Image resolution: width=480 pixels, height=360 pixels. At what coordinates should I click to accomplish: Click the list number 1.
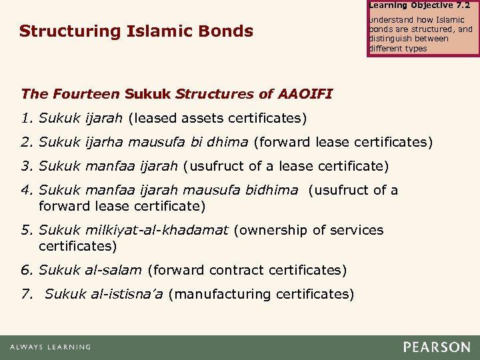pyautogui.click(x=26, y=119)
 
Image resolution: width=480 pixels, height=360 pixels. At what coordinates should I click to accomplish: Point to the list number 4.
pyautogui.click(x=27, y=190)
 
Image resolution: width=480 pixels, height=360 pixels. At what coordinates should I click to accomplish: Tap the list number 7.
pyautogui.click(x=26, y=294)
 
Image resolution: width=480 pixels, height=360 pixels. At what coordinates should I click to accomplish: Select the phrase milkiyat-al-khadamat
pyautogui.click(x=157, y=230)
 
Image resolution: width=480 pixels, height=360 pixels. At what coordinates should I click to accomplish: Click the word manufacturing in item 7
pyautogui.click(x=223, y=294)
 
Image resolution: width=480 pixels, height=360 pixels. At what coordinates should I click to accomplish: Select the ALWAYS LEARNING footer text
pyautogui.click(x=50, y=347)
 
